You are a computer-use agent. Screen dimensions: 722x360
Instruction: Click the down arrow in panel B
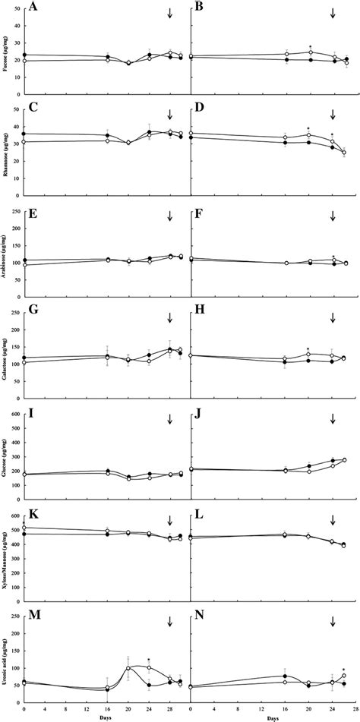tap(333, 14)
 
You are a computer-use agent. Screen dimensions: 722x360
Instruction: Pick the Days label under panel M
tap(108, 716)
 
